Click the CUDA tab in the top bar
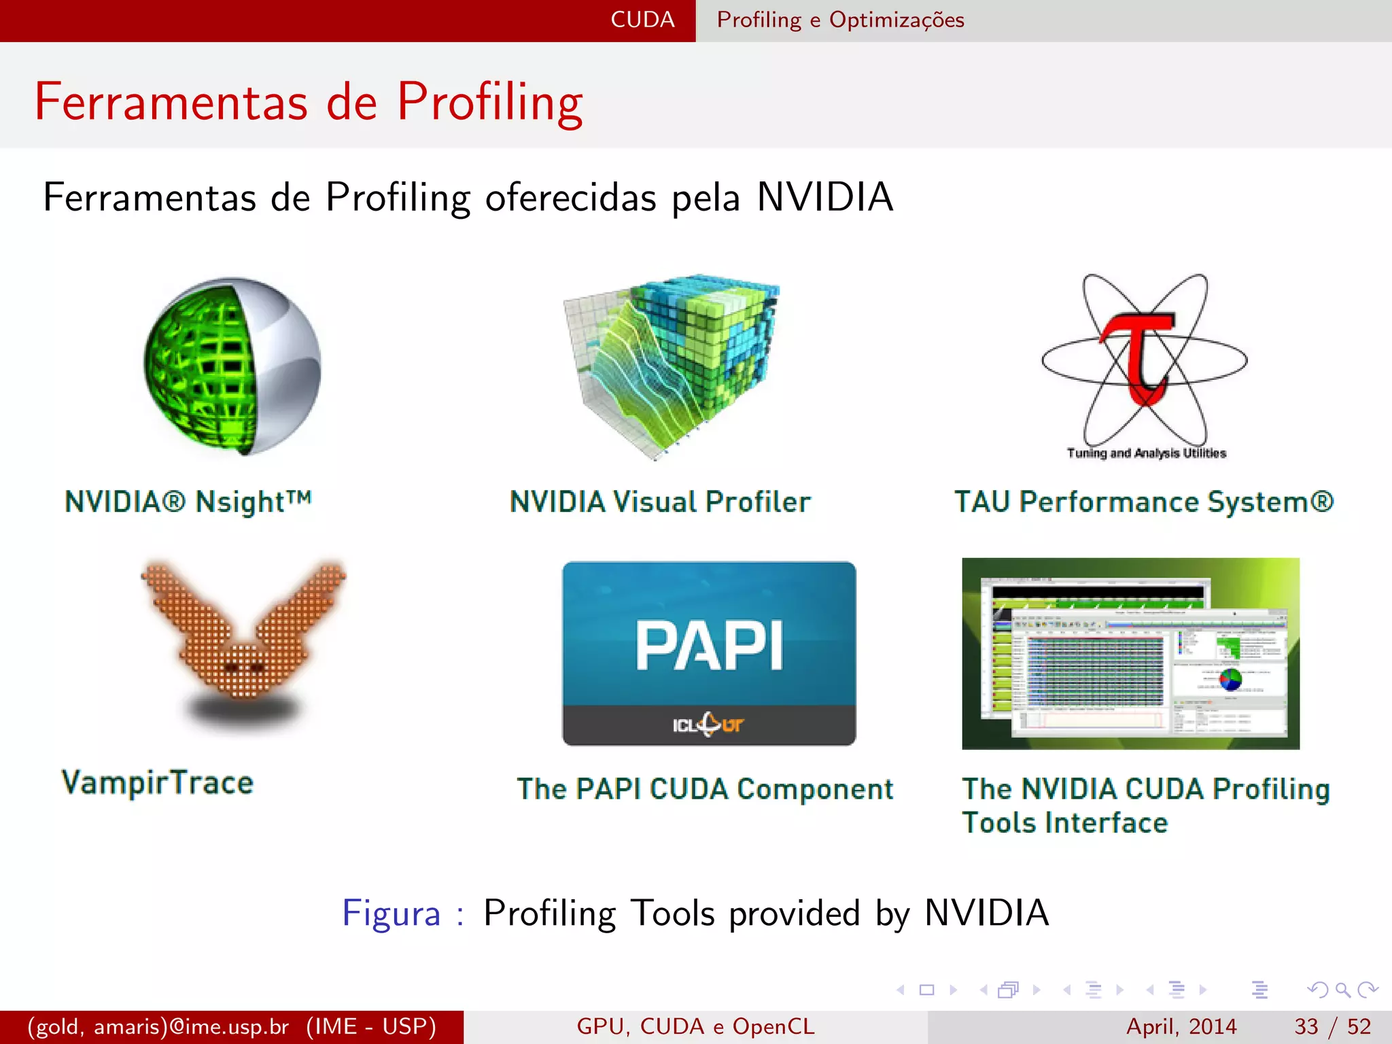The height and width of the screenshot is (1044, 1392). pyautogui.click(x=642, y=20)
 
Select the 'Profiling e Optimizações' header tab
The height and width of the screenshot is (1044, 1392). pyautogui.click(x=840, y=20)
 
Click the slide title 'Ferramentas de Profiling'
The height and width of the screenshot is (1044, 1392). pyautogui.click(x=309, y=102)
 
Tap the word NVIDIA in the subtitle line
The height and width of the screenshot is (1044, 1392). pyautogui.click(x=824, y=198)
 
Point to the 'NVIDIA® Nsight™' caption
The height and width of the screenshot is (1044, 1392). pyautogui.click(x=188, y=502)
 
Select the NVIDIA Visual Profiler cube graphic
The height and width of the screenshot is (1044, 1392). pyautogui.click(x=673, y=364)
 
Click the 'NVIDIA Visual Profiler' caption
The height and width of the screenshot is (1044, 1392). pyautogui.click(x=660, y=502)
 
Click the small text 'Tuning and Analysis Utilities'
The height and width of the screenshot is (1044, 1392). pyautogui.click(x=1146, y=453)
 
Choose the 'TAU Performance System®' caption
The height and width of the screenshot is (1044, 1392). pyautogui.click(x=1144, y=502)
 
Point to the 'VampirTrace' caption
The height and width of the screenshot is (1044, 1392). pyautogui.click(x=157, y=782)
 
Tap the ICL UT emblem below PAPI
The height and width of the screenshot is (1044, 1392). pyautogui.click(x=708, y=725)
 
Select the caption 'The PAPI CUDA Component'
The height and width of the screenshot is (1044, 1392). pyautogui.click(x=705, y=789)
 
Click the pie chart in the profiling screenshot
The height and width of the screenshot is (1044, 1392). pyautogui.click(x=1230, y=678)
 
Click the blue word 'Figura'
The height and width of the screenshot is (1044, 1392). pyautogui.click(x=391, y=913)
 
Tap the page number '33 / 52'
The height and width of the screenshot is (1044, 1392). pyautogui.click(x=1332, y=1026)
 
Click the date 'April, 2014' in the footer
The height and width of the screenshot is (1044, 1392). pyautogui.click(x=1181, y=1026)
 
